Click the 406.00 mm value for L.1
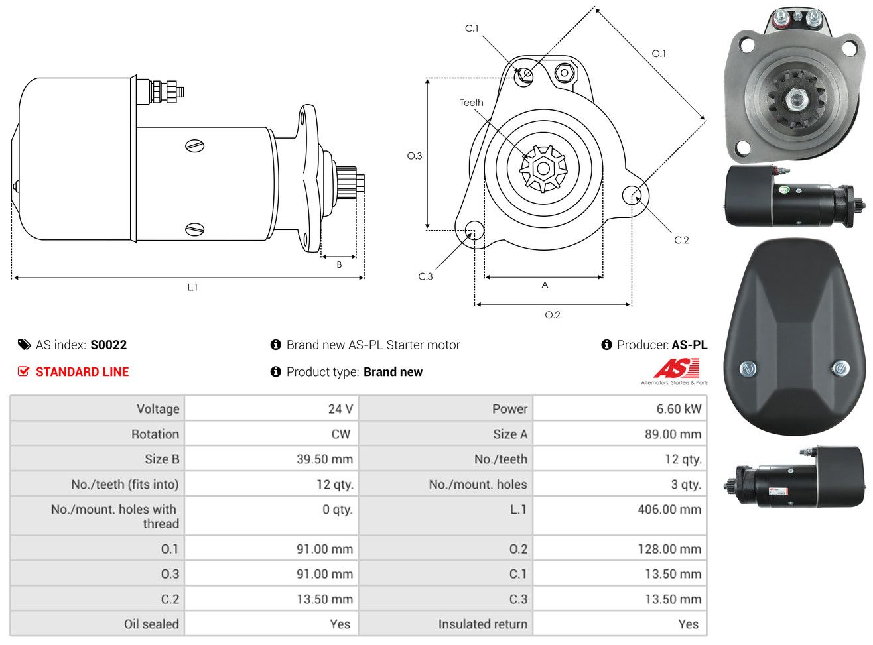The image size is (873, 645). point(669,509)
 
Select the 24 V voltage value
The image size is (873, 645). point(340,409)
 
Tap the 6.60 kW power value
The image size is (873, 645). point(679,409)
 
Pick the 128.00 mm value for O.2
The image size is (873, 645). point(669,549)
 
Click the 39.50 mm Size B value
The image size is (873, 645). point(324,459)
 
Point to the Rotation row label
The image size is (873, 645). point(155,434)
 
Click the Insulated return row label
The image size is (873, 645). point(482,624)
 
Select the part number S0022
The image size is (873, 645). point(109,345)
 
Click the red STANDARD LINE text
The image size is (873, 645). point(82,372)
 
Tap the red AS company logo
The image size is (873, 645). point(676,368)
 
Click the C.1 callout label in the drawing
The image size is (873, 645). point(472,29)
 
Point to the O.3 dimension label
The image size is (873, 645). point(415,156)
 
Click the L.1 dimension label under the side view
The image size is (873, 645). point(192,288)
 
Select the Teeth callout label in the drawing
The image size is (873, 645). point(472,103)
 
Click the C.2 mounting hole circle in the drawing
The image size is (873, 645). point(632,195)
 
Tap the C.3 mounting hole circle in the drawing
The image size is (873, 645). point(474,229)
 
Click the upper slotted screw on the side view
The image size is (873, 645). point(194,146)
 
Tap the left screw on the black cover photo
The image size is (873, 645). point(747,369)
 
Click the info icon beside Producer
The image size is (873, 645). point(606,345)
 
